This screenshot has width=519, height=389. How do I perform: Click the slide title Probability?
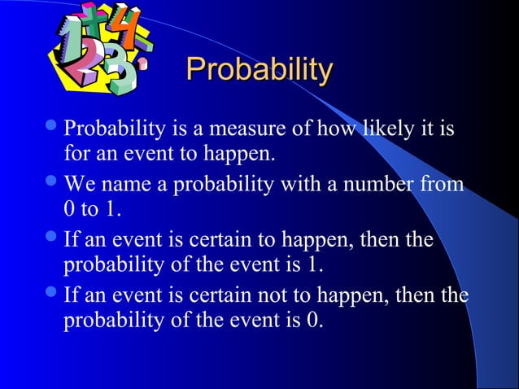click(x=259, y=70)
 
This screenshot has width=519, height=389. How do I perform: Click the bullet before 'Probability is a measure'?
click(x=54, y=128)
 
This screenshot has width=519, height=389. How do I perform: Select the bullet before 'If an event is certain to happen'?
click(x=54, y=240)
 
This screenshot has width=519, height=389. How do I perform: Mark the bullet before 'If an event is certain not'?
click(x=54, y=295)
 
